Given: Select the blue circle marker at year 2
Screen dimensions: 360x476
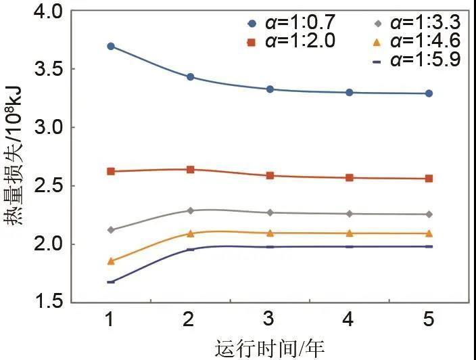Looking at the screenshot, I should [x=191, y=77].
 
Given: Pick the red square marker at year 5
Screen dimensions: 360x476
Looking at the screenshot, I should [x=429, y=179].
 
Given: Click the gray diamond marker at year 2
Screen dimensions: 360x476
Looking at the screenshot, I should [x=191, y=210].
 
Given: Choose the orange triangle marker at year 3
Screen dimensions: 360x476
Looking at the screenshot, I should [x=270, y=233].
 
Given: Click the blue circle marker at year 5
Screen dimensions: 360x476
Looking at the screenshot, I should [x=429, y=93].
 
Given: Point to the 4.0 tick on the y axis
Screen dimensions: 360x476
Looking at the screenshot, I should [x=47, y=12].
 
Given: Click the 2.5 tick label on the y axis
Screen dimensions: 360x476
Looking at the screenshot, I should [x=47, y=185].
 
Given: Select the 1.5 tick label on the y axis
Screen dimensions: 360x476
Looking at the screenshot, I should [x=47, y=302].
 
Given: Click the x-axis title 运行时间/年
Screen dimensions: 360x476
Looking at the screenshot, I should [x=270, y=348].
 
